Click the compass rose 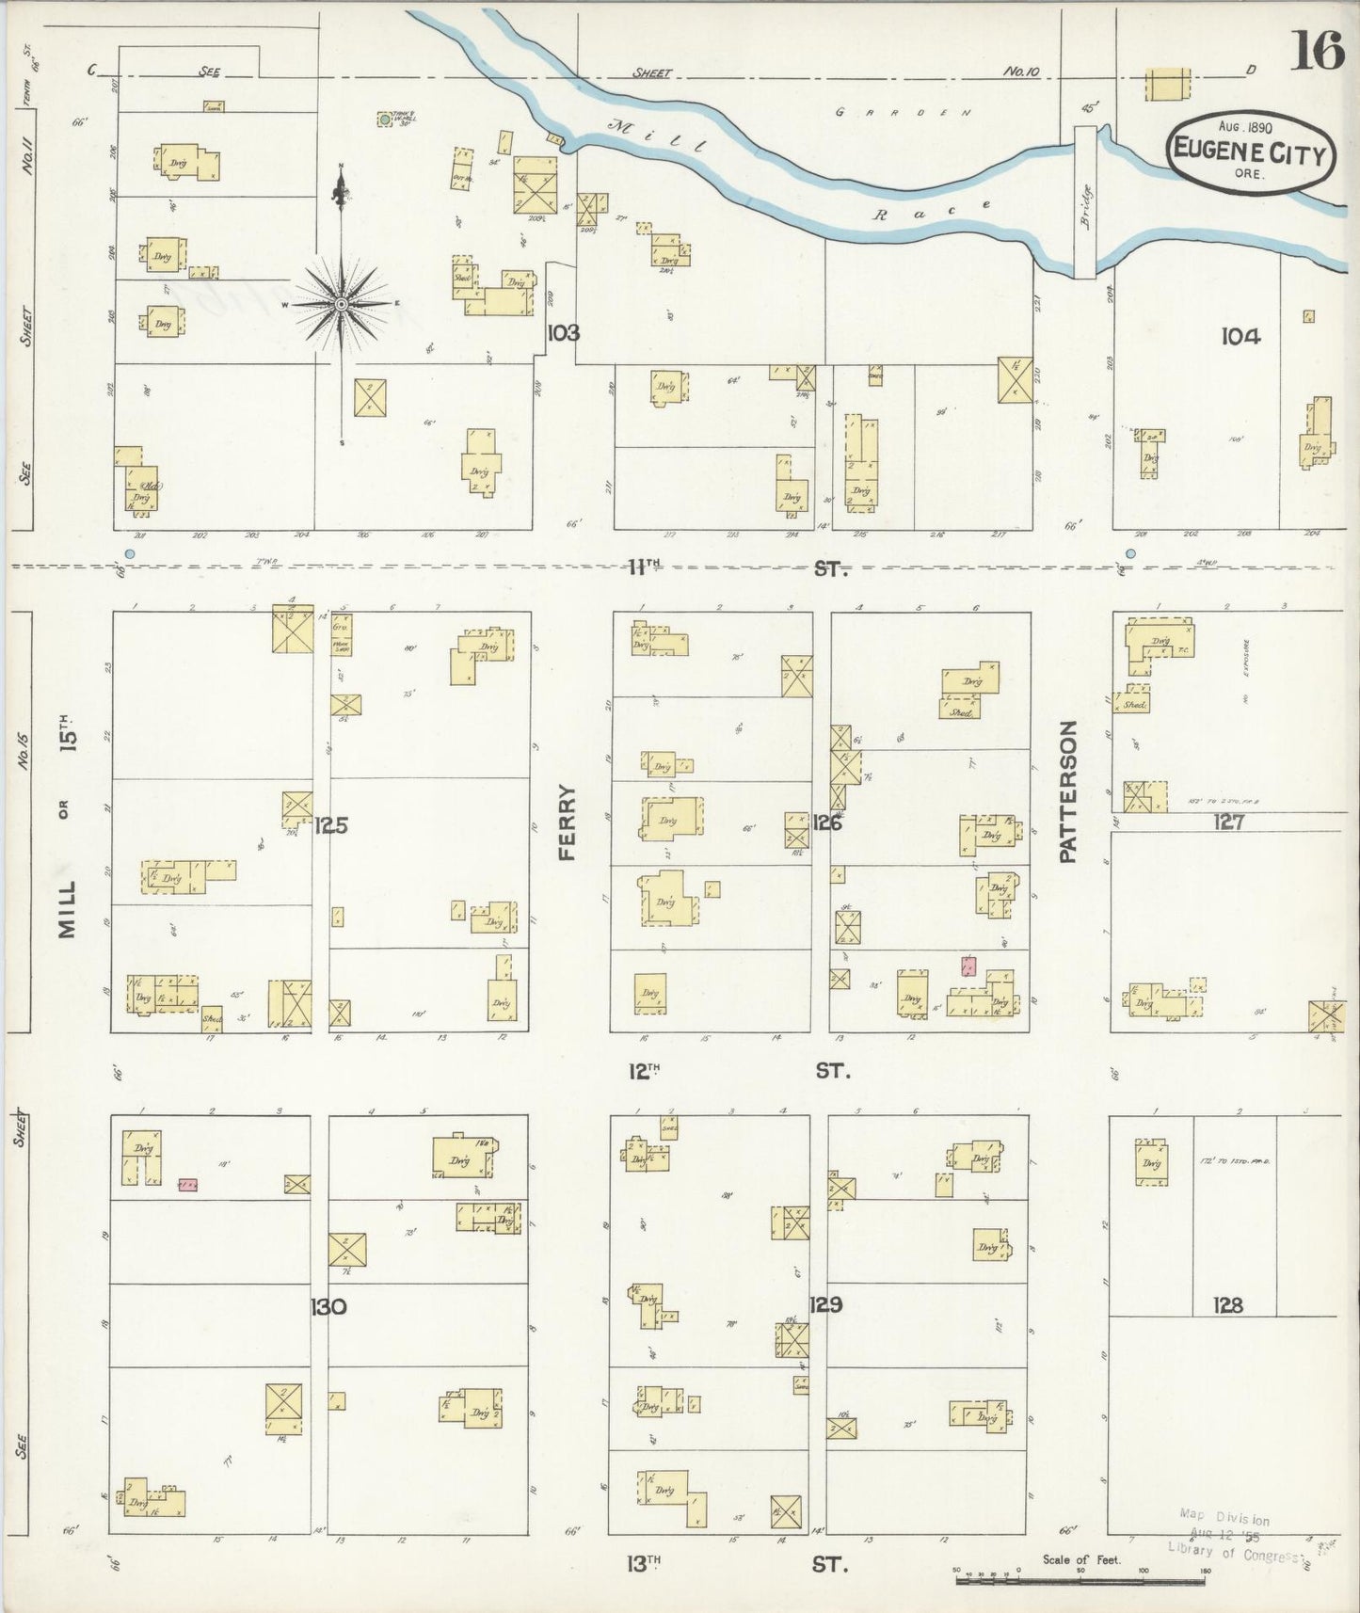(x=341, y=303)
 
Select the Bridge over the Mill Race (x=1085, y=203)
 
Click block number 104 (x=1240, y=336)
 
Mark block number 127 (x=1228, y=822)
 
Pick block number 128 (x=1228, y=1305)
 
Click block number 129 (x=824, y=1305)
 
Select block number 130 (x=329, y=1306)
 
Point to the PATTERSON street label (x=1067, y=791)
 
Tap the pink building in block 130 (x=188, y=1184)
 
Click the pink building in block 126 (x=968, y=966)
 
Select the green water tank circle (x=384, y=120)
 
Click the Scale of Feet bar (x=1080, y=1579)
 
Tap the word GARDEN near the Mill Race (x=904, y=112)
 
